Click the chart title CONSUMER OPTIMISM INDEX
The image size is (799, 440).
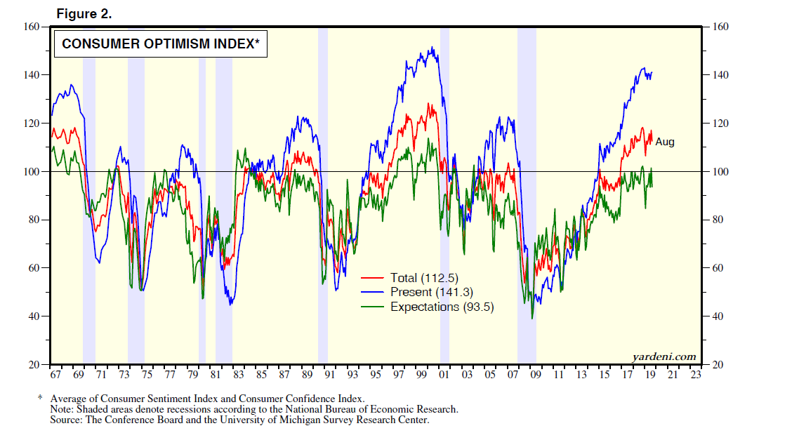pos(161,44)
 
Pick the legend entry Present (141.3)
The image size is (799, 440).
pos(428,292)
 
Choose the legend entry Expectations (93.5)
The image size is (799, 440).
pos(442,307)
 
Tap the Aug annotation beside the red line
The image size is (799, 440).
pos(664,142)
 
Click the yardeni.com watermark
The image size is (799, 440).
pos(664,356)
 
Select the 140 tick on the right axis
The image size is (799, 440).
pos(722,75)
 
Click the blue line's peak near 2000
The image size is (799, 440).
pos(432,48)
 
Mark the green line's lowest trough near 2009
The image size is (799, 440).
pos(532,319)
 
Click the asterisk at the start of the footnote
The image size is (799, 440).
pos(41,398)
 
